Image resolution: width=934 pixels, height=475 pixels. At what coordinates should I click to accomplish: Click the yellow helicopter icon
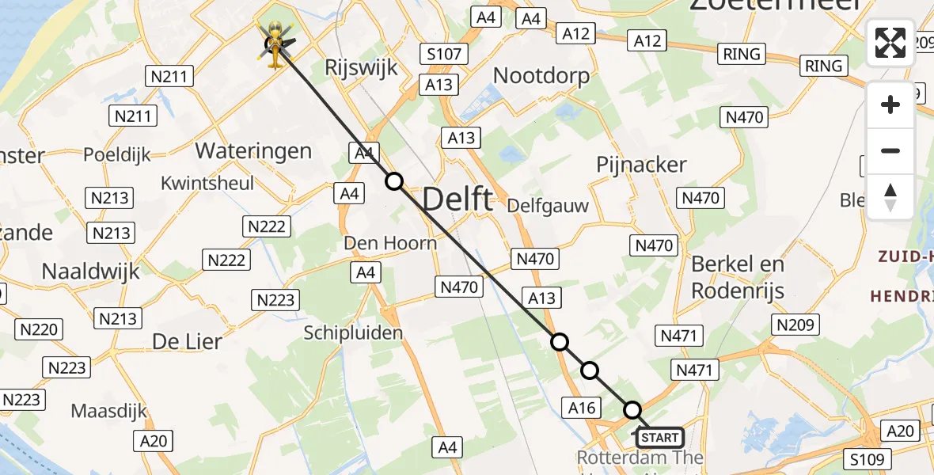coord(274,44)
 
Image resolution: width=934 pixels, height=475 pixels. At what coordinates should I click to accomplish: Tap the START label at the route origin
coord(659,437)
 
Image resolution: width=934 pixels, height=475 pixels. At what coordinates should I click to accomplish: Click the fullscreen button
coord(890,43)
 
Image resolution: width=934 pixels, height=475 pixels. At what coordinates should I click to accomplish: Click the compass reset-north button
coord(890,197)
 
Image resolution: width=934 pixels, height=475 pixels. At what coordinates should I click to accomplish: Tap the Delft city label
coord(458,199)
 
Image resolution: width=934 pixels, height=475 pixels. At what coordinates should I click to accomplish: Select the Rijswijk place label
coord(361,67)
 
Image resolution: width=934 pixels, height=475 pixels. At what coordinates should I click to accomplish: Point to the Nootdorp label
coord(541,76)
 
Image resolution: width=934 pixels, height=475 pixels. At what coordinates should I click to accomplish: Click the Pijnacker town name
coord(641,165)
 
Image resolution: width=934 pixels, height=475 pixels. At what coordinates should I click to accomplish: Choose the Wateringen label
coord(253,150)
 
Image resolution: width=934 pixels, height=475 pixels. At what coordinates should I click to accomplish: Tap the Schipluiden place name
coord(353,333)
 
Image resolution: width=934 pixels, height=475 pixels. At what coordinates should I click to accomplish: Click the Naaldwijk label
coord(90,271)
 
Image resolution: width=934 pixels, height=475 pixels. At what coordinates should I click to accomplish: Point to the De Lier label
coord(187,342)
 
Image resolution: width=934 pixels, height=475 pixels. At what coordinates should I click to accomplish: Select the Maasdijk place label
coord(109,411)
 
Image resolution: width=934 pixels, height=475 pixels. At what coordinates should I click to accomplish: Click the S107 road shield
coord(445,55)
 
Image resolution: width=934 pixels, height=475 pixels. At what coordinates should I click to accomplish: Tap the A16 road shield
coord(582,408)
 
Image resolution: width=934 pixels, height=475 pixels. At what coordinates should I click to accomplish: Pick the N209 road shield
coord(796,325)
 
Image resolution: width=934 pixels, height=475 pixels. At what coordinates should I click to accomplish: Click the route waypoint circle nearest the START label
coord(632,410)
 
